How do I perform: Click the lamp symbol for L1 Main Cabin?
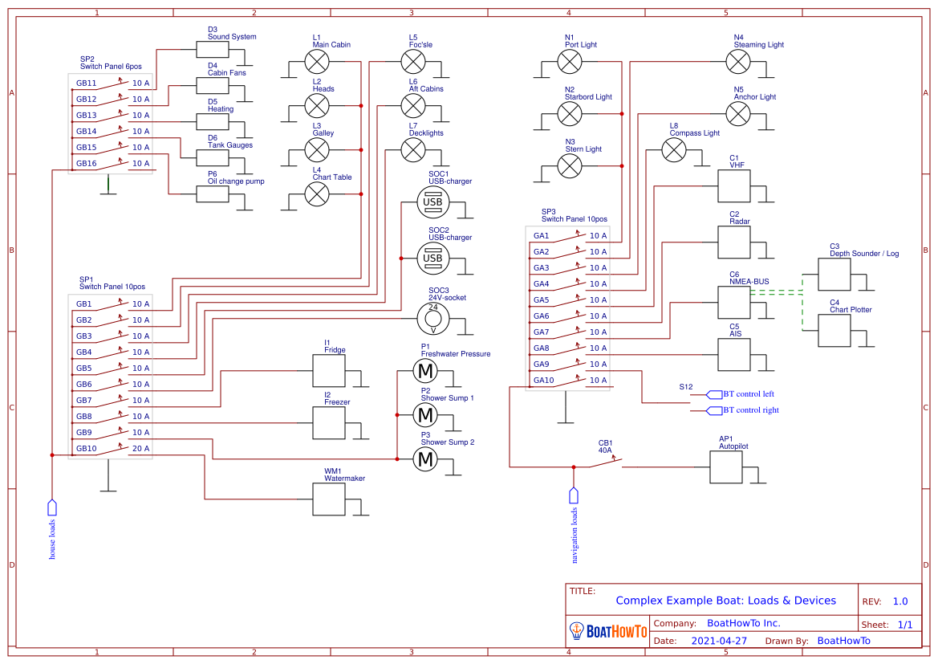[318, 61]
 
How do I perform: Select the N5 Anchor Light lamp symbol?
[737, 113]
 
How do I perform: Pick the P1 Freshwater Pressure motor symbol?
[425, 371]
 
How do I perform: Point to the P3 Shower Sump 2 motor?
[425, 459]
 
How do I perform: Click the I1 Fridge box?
[328, 371]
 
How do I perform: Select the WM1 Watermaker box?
[328, 499]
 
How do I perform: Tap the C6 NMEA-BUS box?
[733, 303]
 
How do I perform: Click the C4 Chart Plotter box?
[834, 330]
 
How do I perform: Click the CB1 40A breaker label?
[605, 446]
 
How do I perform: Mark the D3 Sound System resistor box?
[213, 50]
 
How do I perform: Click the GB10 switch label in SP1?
[85, 448]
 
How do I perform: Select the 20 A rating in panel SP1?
[140, 448]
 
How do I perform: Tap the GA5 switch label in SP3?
[542, 299]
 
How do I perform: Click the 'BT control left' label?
[748, 394]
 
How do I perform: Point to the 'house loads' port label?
[53, 539]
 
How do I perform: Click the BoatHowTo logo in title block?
[607, 632]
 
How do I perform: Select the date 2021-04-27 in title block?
[718, 641]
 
